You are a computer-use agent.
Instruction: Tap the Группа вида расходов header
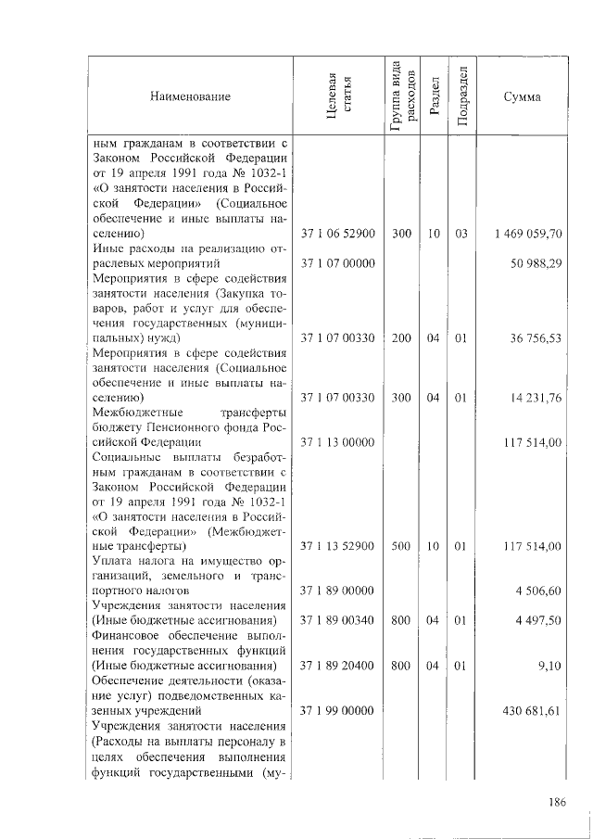coord(401,96)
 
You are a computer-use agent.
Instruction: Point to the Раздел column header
coord(434,96)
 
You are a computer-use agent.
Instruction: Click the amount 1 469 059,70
coord(529,234)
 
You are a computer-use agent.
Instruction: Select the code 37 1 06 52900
coord(338,234)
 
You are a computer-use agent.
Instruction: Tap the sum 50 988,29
coord(536,264)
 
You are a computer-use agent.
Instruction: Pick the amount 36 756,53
coord(536,338)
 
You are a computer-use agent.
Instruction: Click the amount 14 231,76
coord(536,399)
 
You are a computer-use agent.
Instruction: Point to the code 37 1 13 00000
coord(338,442)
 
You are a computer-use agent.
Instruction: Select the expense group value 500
coord(400,546)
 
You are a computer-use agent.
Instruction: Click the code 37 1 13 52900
coord(338,546)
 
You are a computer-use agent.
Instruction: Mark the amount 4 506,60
coord(539,590)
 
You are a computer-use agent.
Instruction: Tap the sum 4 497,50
coord(539,620)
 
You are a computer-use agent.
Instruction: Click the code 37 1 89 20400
coord(338,665)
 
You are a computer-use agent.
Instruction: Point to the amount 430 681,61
coord(533,709)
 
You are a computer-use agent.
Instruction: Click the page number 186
coord(556,801)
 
